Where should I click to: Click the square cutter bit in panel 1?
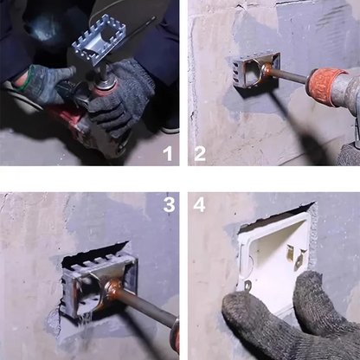pos(100,39)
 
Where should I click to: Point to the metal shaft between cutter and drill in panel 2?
pos(289,76)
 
